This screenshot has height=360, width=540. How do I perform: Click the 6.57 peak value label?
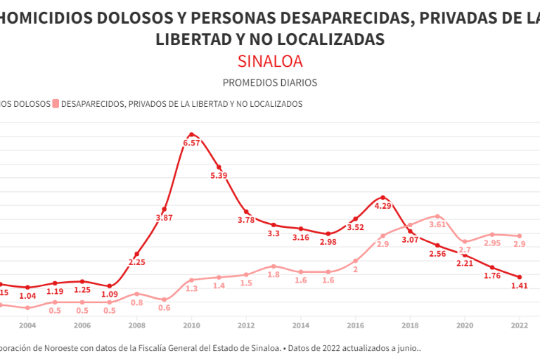pos(192,143)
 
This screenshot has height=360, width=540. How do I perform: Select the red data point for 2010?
pos(191,134)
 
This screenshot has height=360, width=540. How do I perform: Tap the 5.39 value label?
pos(219,176)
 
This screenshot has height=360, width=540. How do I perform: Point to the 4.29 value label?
pos(382,207)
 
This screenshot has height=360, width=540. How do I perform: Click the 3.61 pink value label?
pos(438,224)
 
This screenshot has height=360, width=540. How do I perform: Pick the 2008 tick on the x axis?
pos(137,326)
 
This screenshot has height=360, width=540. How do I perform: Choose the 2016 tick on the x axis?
pos(355,326)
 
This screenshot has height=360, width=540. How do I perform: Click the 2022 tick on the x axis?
pos(519,326)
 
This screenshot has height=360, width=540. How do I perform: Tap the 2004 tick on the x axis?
pos(27,326)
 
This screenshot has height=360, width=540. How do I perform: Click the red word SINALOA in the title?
pos(269,61)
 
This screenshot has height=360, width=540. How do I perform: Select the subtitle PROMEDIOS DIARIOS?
pos(269,82)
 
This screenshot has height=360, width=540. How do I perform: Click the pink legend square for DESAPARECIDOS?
pos(55,104)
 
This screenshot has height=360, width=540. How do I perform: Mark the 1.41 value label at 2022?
pos(519,286)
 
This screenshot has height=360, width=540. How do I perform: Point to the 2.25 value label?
pos(137,263)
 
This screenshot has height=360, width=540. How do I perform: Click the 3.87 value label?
pos(164,218)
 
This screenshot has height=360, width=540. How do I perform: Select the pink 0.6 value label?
pos(164,308)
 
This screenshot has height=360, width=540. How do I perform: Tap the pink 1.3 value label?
pos(191,289)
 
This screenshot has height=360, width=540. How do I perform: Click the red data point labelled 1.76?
pos(492,267)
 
